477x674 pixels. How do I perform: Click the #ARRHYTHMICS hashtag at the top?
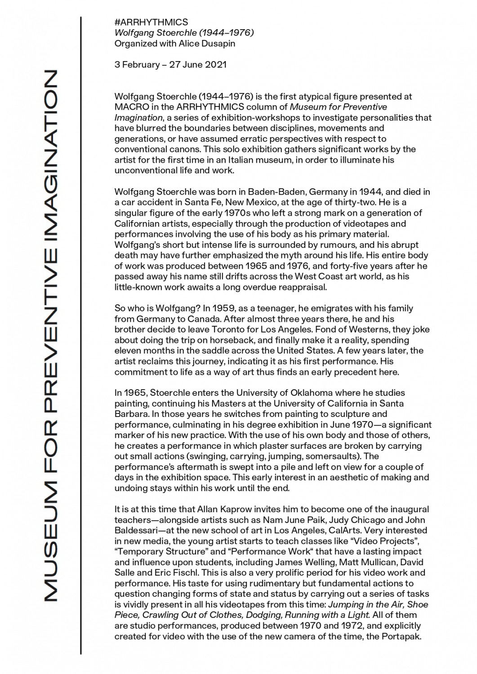(151, 22)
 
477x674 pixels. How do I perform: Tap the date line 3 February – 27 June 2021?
(170, 64)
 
